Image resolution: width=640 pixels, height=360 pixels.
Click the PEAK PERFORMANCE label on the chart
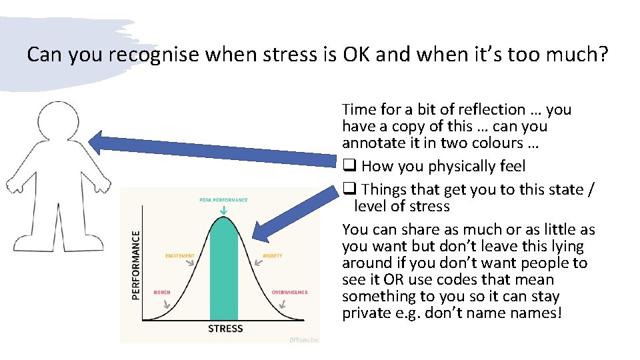point(223,200)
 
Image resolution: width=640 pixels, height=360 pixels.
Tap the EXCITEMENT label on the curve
point(180,255)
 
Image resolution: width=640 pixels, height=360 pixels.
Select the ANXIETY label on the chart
point(273,255)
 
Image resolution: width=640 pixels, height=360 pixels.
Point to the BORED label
point(162,292)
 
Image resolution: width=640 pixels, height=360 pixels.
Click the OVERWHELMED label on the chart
point(289,292)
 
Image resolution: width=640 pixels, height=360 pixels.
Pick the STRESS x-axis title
point(225,329)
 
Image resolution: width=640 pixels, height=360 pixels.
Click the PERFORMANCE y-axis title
point(136,265)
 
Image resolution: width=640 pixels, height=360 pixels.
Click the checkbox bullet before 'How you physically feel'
point(349,167)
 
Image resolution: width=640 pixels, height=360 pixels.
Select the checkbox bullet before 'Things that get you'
point(349,190)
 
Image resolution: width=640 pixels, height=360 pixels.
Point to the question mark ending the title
point(602,54)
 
